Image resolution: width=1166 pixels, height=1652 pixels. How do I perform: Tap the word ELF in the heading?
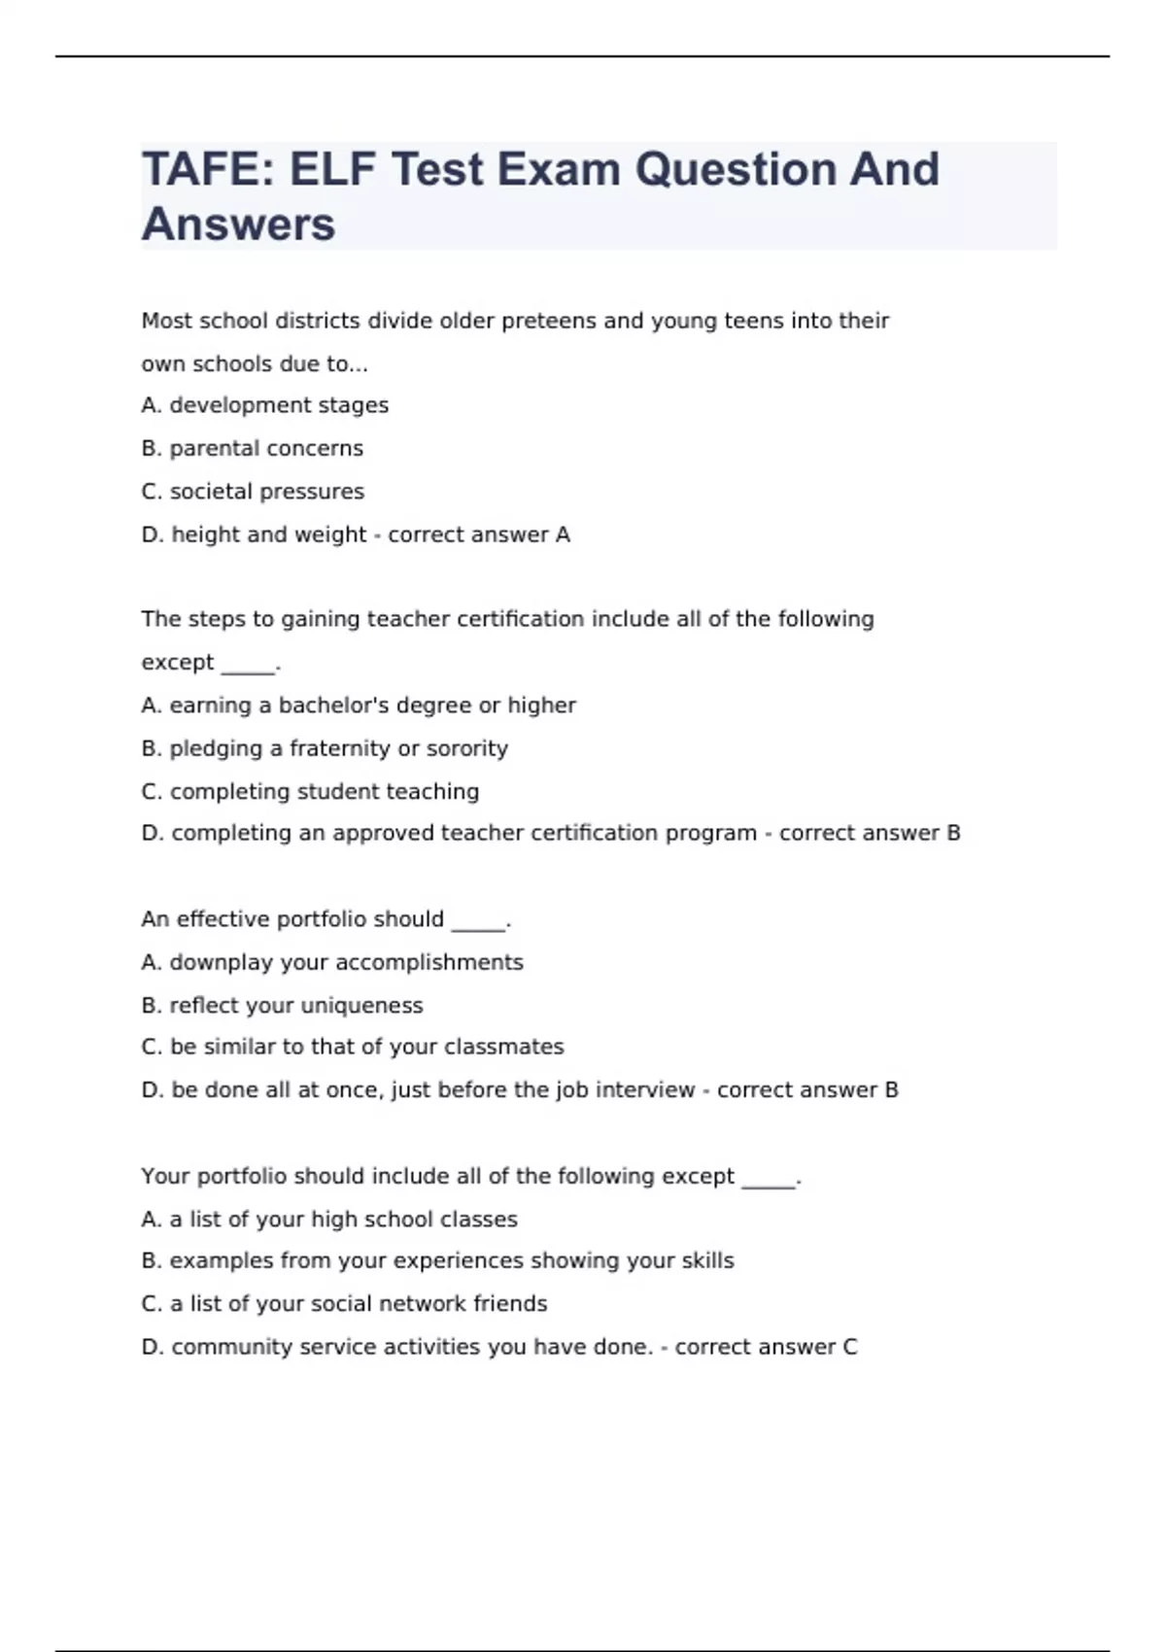(332, 170)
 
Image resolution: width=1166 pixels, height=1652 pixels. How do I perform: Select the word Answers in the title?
(238, 224)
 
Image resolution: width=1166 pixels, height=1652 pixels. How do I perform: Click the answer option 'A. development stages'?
(264, 405)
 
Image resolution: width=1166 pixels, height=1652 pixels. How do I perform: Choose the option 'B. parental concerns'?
(252, 448)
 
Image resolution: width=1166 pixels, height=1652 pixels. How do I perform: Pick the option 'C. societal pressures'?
(253, 492)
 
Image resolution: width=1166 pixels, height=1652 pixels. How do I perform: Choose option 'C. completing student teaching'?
(310, 792)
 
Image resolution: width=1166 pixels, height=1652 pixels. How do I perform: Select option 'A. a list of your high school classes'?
(328, 1219)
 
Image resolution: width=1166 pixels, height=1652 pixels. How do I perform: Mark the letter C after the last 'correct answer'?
(849, 1347)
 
